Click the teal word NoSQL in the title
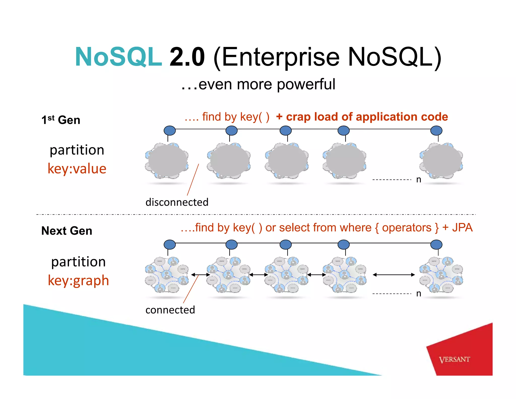[x=118, y=57]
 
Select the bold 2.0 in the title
[x=187, y=57]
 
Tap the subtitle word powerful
[x=306, y=84]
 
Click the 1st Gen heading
[x=61, y=120]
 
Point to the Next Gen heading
[x=67, y=231]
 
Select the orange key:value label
[x=77, y=169]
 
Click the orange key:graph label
[x=78, y=280]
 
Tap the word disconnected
[x=177, y=202]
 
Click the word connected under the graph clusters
[x=170, y=310]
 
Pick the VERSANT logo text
[x=454, y=359]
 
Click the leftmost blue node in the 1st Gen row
[x=170, y=131]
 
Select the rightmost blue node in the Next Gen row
[x=436, y=245]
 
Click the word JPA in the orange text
[x=462, y=227]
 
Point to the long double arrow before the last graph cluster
[x=394, y=275]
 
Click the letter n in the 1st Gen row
[x=418, y=180]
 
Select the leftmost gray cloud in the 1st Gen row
[x=167, y=161]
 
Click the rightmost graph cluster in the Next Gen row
[x=441, y=275]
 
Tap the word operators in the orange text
[x=406, y=227]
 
